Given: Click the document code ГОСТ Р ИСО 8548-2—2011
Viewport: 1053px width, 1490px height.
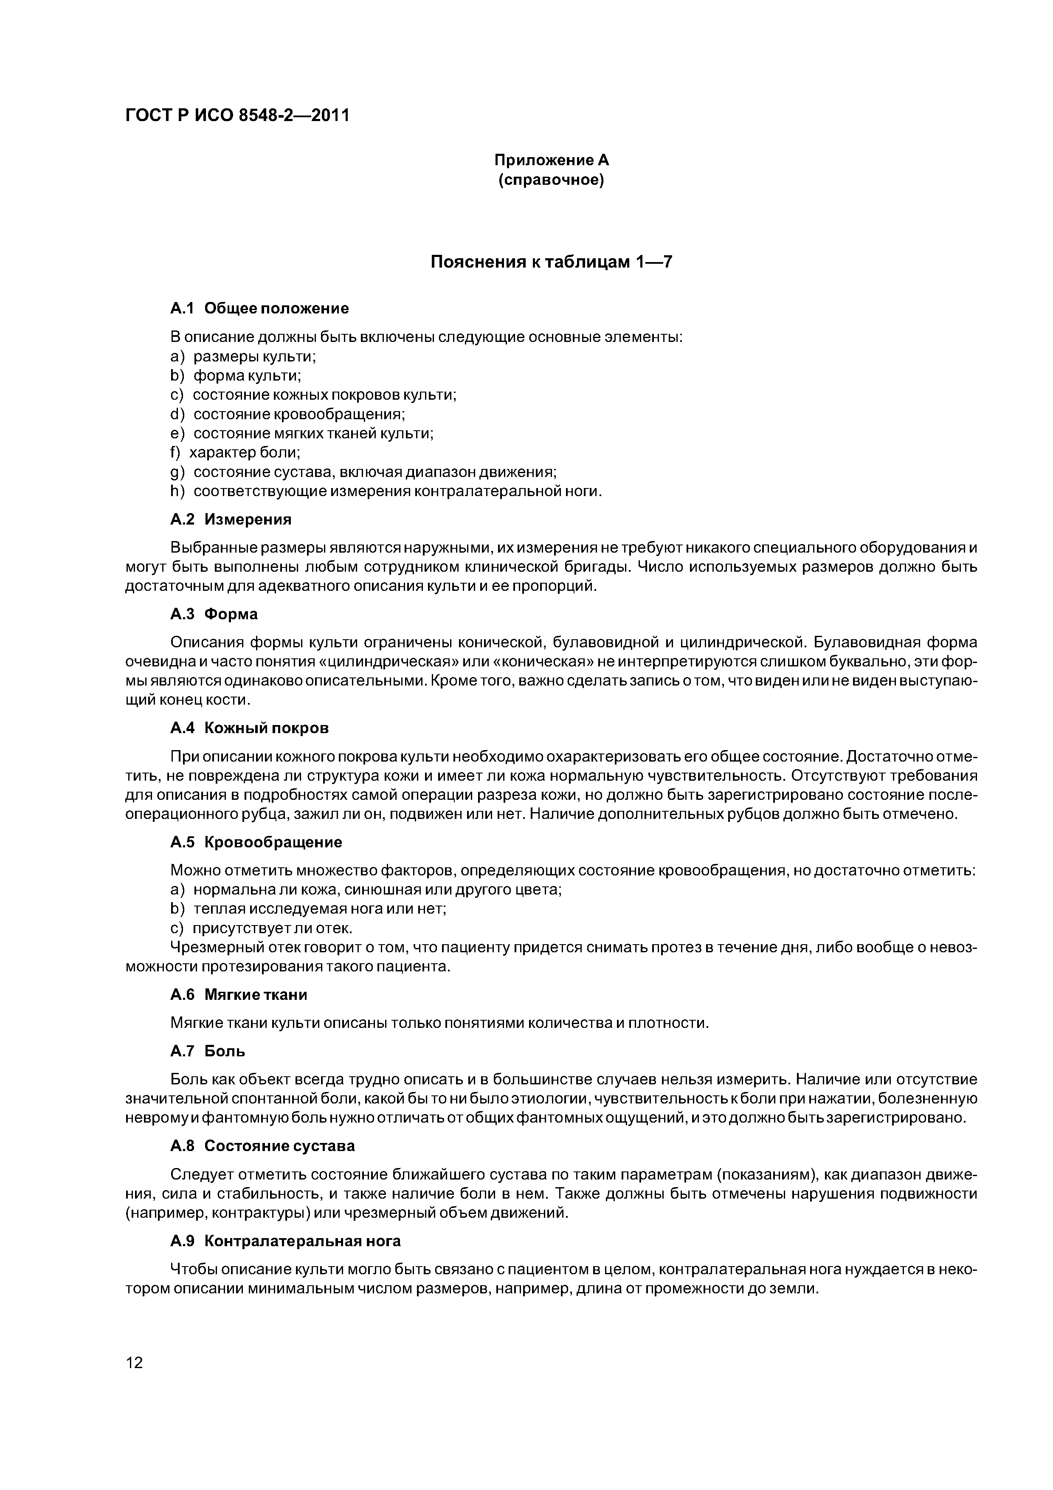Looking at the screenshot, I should [237, 116].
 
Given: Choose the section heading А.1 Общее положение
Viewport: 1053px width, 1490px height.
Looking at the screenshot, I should [259, 308].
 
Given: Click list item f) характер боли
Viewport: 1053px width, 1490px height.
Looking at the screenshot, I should [235, 452].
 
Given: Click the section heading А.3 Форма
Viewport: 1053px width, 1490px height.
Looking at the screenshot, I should [214, 614].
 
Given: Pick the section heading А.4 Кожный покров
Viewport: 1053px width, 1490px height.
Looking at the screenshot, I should [250, 728].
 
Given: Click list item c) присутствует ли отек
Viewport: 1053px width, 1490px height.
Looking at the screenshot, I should [261, 928].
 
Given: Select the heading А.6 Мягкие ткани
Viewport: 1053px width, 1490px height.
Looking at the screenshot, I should [239, 995].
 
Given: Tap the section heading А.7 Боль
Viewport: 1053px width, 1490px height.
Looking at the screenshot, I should [208, 1051].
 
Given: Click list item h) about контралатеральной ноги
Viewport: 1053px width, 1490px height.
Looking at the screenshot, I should [386, 491].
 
